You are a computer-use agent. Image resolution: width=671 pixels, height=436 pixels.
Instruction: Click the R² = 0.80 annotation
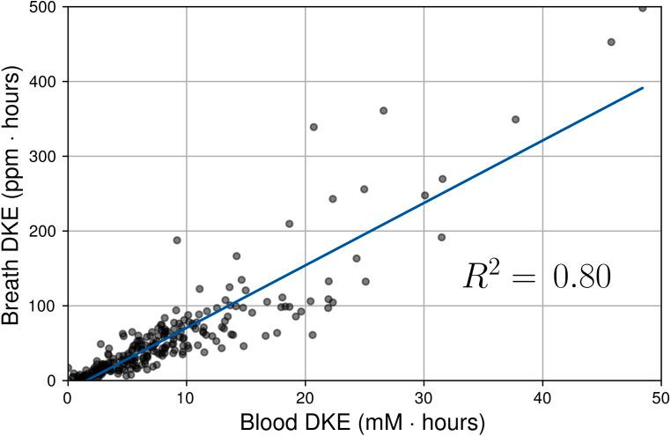point(537,277)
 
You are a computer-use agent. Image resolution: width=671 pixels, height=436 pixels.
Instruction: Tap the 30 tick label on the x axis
point(424,397)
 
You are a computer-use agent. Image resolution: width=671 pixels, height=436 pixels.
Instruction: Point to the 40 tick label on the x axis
point(542,397)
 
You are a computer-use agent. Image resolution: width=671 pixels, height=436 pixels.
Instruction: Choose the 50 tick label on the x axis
point(660,397)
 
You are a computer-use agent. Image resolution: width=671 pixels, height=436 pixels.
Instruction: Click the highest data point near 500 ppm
point(642,8)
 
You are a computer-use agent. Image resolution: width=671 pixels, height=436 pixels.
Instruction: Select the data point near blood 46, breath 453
point(611,42)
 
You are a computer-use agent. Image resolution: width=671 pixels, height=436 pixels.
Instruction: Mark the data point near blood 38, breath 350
point(515,119)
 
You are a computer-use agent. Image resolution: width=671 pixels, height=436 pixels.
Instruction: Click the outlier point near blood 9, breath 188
point(177,240)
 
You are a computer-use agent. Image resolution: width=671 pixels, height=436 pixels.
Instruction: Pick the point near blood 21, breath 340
point(313,127)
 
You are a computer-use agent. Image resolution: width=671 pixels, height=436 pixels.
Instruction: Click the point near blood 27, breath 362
point(383,111)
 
